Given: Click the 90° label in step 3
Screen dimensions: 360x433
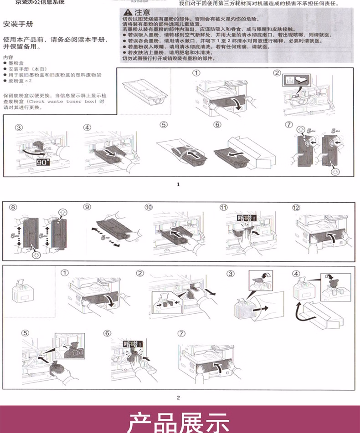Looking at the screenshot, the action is tap(44, 162).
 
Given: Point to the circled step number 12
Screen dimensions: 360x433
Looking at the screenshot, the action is tap(296, 208).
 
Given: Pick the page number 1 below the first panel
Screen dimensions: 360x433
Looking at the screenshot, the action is tap(178, 184).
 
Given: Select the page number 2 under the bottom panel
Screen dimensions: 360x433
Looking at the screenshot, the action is tap(178, 397).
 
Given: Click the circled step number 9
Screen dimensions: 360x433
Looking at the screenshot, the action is tap(87, 208).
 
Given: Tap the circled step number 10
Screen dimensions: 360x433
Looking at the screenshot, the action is tap(149, 208).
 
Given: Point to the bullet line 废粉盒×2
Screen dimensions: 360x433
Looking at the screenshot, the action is tap(17, 81).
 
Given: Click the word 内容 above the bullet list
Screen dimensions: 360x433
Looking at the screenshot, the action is tap(8, 57).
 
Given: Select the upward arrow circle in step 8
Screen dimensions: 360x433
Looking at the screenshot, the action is tap(62, 212).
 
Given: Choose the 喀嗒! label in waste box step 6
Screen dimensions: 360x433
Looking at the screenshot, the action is tap(134, 344).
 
